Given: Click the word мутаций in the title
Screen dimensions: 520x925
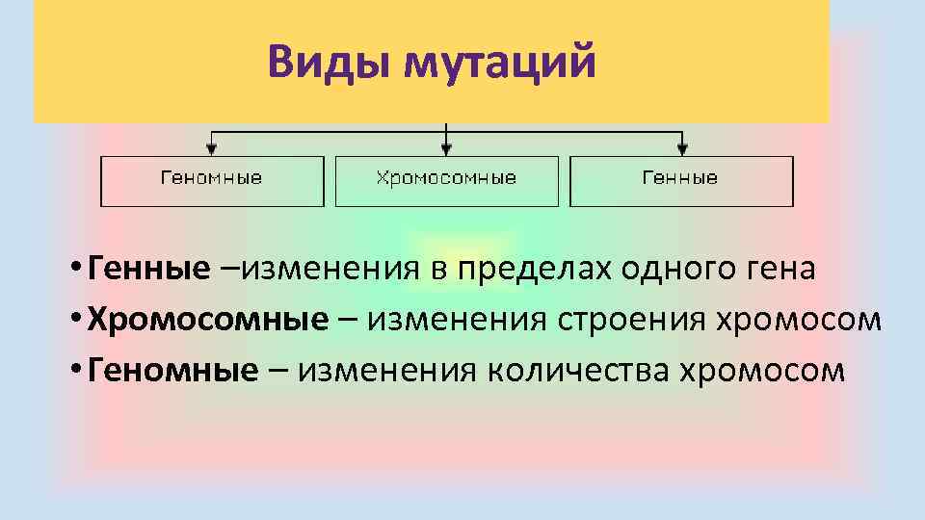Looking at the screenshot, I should pos(501,64).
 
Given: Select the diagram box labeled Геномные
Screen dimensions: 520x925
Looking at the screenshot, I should pos(211,179).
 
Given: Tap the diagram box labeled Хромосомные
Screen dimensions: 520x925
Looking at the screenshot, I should pos(446,179).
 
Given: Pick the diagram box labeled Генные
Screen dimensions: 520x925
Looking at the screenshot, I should pos(680,179).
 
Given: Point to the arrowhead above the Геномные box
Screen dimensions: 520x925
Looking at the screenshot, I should pos(212,149).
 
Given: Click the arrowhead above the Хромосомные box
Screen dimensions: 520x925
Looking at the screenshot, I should pos(446,149).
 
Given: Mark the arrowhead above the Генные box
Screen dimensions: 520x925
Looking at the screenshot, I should pos(682,149).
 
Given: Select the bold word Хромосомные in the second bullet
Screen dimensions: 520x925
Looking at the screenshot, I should pos(207,320).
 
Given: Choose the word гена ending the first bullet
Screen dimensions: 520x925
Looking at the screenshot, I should pos(782,269).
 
